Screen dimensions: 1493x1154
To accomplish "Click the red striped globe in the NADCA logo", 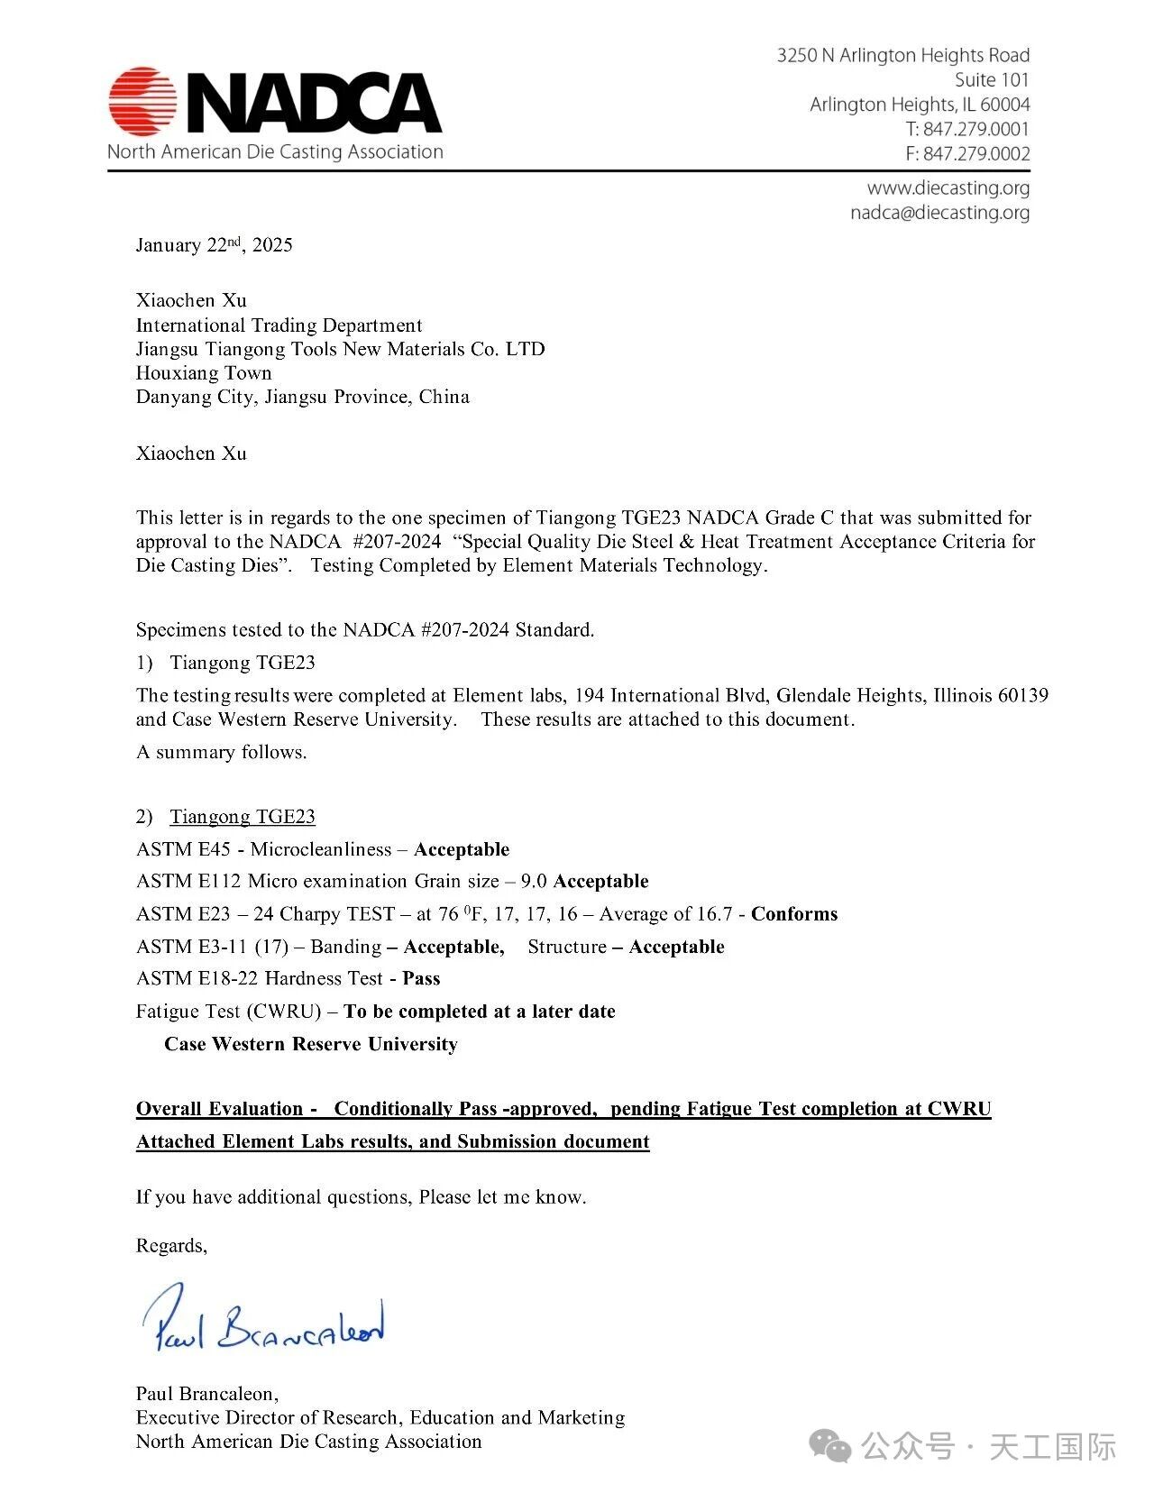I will click(143, 100).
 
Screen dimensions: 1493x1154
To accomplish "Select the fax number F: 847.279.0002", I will click(967, 153).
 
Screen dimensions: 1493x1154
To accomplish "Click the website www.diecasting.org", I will click(948, 188).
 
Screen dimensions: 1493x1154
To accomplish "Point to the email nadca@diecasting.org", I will click(939, 213).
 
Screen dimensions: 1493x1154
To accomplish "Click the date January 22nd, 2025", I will click(214, 245).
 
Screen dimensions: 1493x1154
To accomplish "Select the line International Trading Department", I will click(279, 325).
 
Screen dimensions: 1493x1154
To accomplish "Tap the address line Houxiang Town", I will click(204, 373).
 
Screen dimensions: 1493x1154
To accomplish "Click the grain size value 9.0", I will click(534, 882).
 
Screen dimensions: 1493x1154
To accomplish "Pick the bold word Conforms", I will click(794, 914).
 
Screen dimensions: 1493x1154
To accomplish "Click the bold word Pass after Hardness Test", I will click(421, 979).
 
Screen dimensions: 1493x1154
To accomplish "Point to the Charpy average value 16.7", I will click(715, 914).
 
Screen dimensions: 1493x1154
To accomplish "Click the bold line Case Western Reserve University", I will click(311, 1044).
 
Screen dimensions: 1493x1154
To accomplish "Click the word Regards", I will click(171, 1246).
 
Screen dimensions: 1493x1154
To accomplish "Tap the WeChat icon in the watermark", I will click(829, 1445).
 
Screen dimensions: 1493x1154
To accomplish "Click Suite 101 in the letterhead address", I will click(992, 80).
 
